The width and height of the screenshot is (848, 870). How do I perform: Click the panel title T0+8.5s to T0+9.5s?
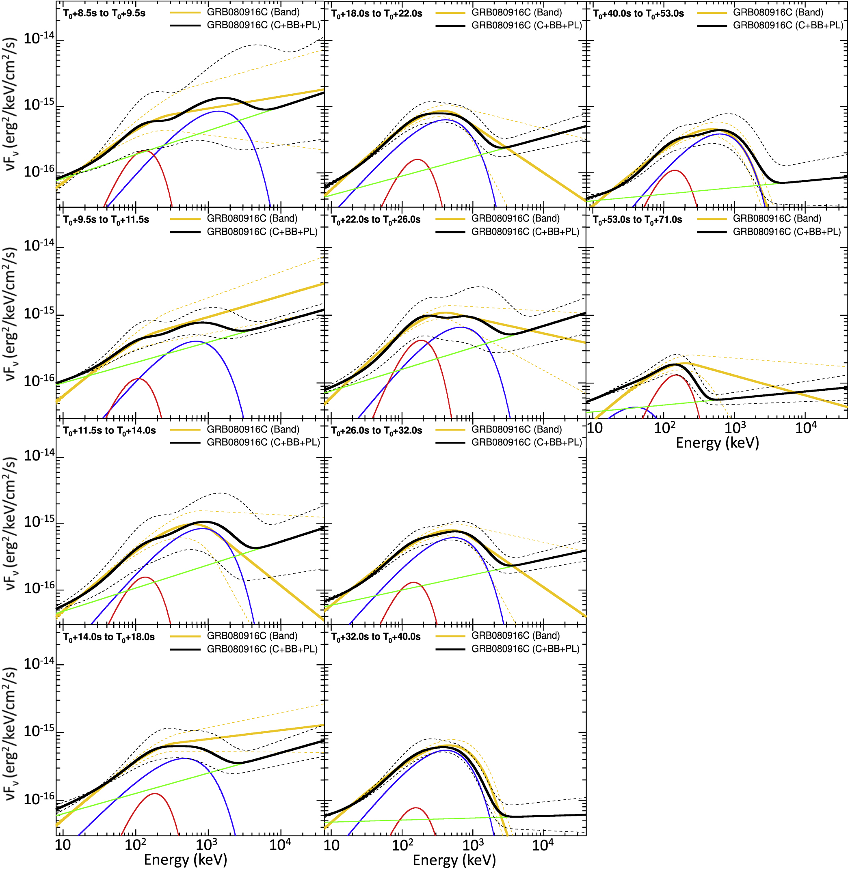pos(104,13)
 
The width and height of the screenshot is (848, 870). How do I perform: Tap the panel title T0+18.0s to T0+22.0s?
pos(377,14)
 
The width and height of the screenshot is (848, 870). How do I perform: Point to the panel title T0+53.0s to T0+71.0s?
pos(637,220)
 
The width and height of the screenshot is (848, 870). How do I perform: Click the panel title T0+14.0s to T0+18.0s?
pos(109,637)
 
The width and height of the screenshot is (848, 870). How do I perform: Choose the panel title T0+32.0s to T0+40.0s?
pos(376,637)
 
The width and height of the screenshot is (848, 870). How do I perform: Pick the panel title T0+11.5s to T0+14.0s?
pos(109,431)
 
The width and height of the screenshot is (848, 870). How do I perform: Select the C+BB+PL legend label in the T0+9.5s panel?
pos(262,232)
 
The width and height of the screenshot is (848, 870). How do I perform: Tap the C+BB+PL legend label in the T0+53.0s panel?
pos(787,232)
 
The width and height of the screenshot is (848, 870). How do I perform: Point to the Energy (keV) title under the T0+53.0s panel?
pos(717,443)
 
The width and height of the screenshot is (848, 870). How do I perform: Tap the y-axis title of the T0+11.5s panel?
pos(10,523)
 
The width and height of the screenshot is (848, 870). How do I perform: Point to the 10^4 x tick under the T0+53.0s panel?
pos(806,428)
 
